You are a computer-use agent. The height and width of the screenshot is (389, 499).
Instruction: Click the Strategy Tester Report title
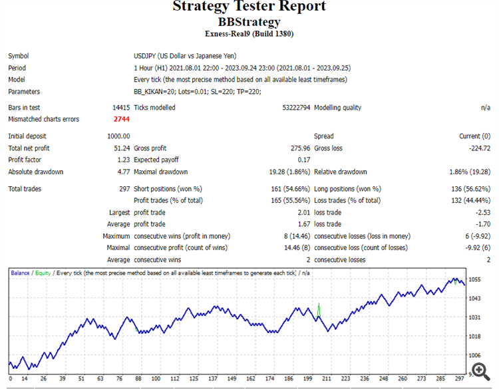point(249,7)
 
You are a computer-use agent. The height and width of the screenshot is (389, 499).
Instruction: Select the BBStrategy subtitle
point(249,22)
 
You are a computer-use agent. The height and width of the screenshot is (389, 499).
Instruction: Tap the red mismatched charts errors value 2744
point(121,119)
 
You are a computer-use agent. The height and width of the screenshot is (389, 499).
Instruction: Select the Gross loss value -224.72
point(476,148)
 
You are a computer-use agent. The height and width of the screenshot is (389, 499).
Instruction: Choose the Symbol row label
point(19,56)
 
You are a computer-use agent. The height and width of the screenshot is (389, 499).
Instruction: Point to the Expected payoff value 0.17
point(304,160)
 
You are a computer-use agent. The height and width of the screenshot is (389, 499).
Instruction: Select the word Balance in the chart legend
point(20,273)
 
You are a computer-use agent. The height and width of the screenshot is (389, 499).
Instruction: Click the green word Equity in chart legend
point(43,273)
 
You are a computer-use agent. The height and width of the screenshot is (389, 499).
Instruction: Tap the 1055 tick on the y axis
point(474,280)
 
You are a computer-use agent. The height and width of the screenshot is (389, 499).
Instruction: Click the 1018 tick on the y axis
point(474,337)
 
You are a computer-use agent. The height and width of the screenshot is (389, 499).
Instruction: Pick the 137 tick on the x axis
point(213,379)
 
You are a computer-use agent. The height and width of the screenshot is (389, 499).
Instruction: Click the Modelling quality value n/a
point(485,108)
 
